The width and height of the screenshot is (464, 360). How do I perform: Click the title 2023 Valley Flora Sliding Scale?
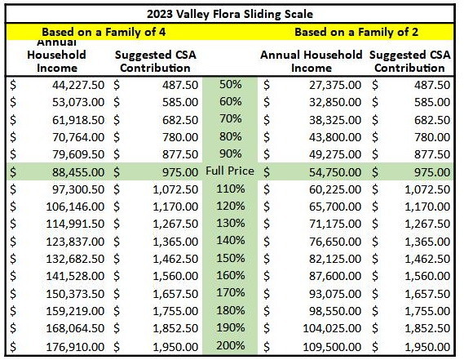click(231, 14)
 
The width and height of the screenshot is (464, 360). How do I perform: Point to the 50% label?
click(231, 84)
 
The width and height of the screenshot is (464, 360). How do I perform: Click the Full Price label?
click(231, 172)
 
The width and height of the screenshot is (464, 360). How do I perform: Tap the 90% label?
click(231, 154)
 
